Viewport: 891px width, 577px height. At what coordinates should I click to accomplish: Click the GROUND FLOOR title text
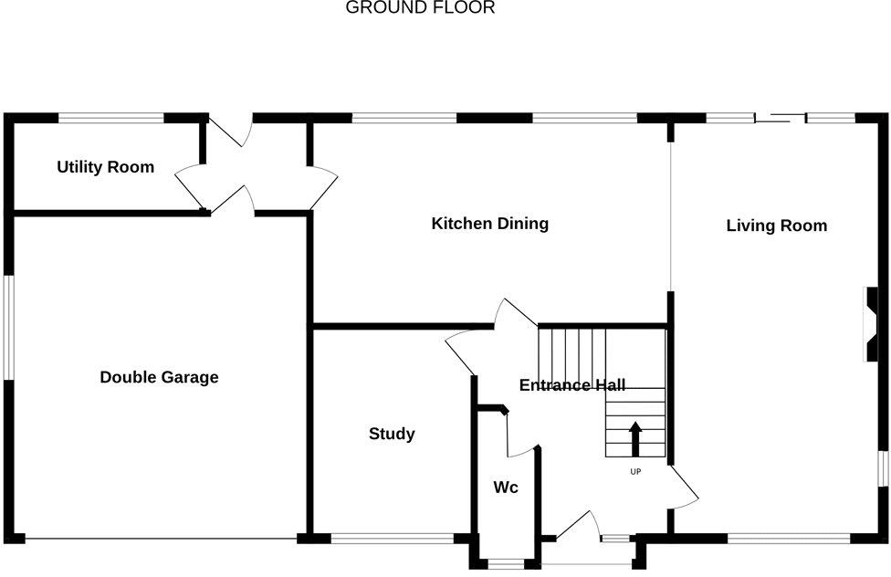point(420,8)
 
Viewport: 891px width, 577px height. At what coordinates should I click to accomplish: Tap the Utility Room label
point(105,167)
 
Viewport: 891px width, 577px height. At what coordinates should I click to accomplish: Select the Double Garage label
point(159,377)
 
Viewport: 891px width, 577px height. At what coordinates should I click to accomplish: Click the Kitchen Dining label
point(489,224)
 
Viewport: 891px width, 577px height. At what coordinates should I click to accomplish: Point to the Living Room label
point(776,226)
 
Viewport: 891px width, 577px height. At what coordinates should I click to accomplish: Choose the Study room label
point(392,434)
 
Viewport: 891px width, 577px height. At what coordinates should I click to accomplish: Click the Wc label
point(506,488)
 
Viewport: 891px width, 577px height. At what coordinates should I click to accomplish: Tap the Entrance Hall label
point(571,385)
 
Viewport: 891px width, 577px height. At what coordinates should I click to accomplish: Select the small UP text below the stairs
point(635,472)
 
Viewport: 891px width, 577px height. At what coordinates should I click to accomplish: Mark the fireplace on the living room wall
point(874,326)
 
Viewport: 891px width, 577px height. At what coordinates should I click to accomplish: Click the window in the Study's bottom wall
point(392,539)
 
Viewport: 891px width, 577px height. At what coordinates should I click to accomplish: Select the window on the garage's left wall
point(8,325)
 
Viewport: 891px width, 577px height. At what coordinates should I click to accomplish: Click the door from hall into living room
point(684,488)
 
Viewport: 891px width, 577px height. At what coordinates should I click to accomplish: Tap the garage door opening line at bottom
point(161,539)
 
